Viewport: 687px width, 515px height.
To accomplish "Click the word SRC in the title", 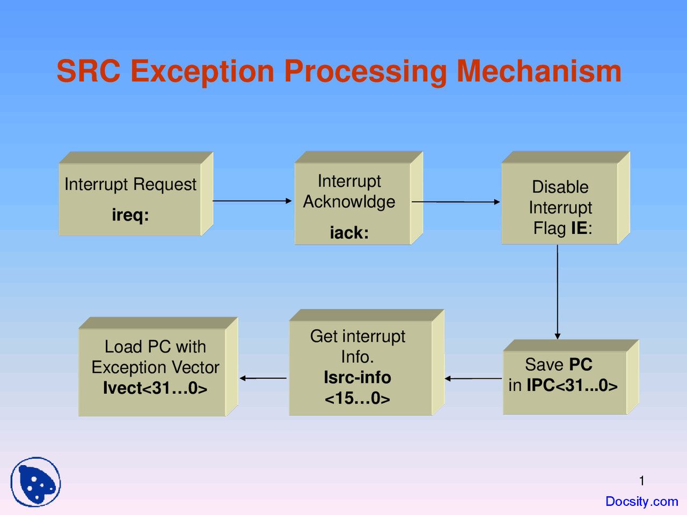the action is tap(89, 71).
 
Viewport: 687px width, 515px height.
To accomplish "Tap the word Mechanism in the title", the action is tap(539, 71).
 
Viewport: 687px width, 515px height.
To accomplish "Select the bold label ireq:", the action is tap(130, 216).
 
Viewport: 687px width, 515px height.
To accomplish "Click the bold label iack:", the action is tap(349, 233).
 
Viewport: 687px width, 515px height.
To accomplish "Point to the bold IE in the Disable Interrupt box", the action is tap(579, 227).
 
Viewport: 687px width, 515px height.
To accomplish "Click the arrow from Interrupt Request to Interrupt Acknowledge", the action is tap(252, 201).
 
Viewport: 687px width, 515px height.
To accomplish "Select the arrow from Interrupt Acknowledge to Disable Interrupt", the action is tap(456, 202).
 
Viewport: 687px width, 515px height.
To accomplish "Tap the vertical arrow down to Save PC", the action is tap(558, 292).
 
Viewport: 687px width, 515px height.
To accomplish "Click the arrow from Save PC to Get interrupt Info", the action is tap(473, 379).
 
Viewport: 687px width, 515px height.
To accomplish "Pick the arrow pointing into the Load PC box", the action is tap(263, 378).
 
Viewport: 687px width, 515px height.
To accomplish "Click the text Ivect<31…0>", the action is tap(155, 388).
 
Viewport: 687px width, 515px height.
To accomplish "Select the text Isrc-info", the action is tap(357, 378).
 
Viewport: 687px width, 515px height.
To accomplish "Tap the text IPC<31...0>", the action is tap(572, 385).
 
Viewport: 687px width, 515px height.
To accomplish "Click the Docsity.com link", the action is tap(642, 501).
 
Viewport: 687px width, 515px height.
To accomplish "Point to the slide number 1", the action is tap(642, 481).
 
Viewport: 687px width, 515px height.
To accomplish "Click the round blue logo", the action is tap(35, 482).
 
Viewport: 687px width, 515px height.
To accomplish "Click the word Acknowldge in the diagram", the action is tap(349, 202).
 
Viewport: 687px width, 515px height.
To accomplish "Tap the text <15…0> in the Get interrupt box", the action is tap(357, 399).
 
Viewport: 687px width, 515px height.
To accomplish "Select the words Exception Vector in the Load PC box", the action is tap(155, 367).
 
